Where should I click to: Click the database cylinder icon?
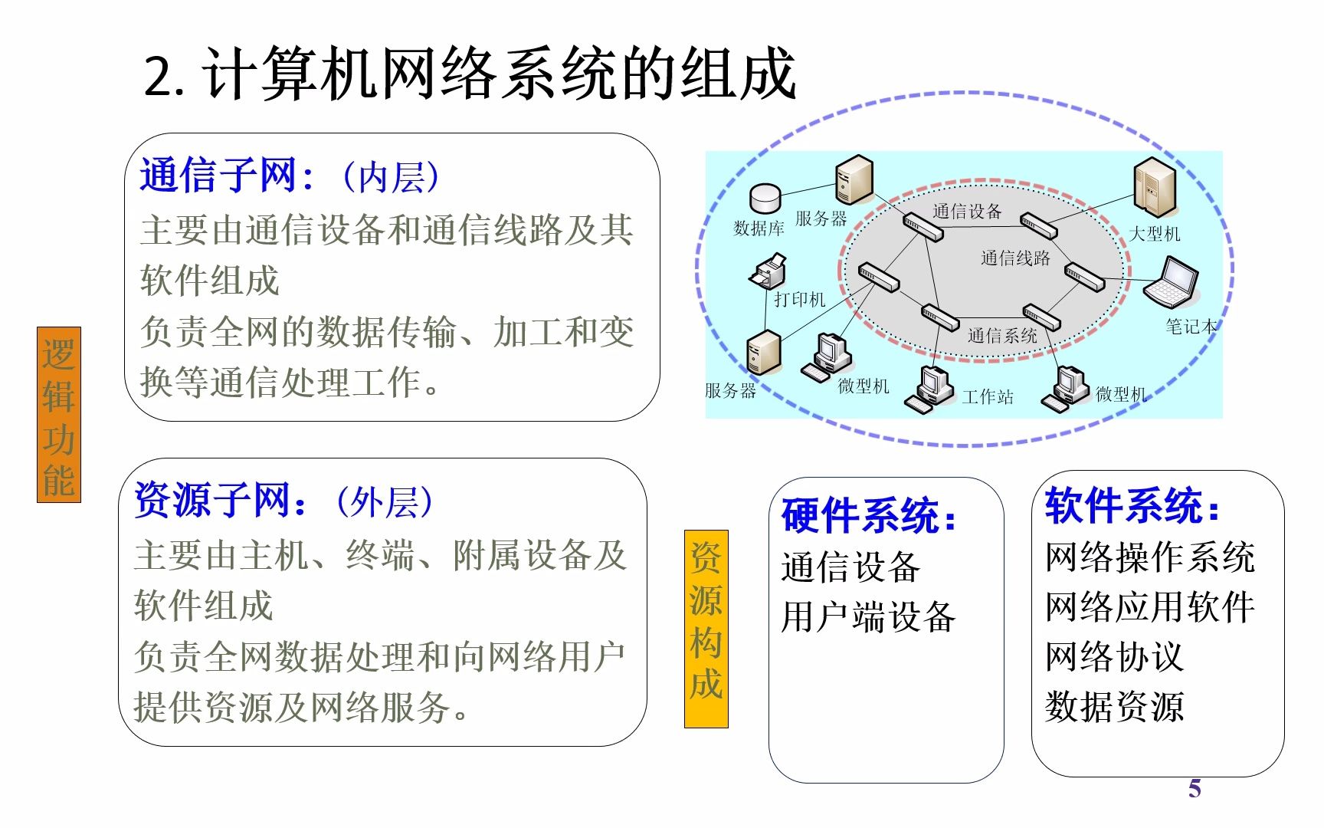point(765,198)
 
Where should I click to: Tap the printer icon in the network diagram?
point(768,271)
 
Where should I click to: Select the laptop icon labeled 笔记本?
point(1172,283)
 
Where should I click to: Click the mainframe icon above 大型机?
point(1154,188)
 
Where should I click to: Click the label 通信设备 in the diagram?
point(967,212)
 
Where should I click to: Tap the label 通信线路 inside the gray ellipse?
point(1015,258)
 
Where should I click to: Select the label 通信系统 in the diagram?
point(1002,335)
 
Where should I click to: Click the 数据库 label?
point(759,228)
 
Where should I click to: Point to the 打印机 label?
point(799,300)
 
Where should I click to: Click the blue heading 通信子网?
point(218,176)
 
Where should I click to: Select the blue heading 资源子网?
point(212,501)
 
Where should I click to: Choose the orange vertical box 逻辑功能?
point(59,415)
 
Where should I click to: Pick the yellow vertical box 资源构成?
point(706,629)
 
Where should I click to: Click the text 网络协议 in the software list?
point(1114,657)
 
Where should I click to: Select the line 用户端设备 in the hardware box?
point(868,617)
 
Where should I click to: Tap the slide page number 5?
point(1195,789)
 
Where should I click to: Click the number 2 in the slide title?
point(159,77)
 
